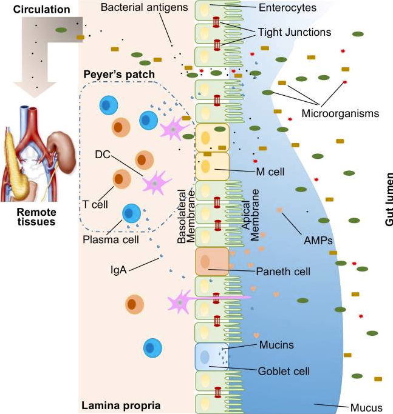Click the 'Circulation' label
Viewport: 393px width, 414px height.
pyautogui.click(x=30, y=10)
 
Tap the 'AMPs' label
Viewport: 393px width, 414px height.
pyautogui.click(x=317, y=239)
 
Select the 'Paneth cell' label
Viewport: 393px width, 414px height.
pyautogui.click(x=282, y=272)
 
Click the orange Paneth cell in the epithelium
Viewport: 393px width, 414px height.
pyautogui.click(x=211, y=261)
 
